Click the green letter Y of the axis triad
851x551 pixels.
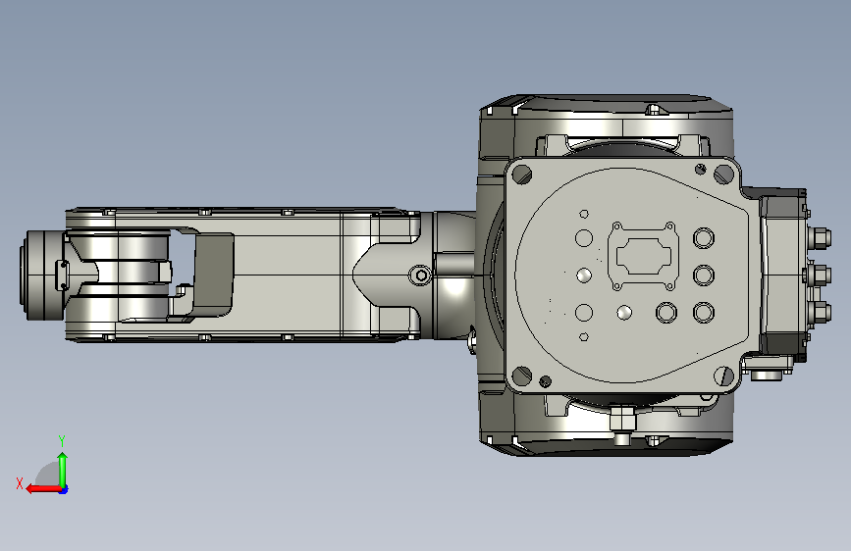tap(62, 440)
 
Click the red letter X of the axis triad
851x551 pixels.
tap(20, 483)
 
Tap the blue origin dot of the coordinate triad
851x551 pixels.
tap(64, 489)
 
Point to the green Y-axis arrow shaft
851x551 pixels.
tap(63, 472)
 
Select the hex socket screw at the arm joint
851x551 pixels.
tap(421, 275)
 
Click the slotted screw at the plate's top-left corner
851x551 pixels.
tap(522, 175)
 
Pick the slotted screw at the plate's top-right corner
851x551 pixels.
tap(723, 175)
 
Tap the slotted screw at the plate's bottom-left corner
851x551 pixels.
tap(522, 375)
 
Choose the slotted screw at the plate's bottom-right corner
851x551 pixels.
tap(724, 376)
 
